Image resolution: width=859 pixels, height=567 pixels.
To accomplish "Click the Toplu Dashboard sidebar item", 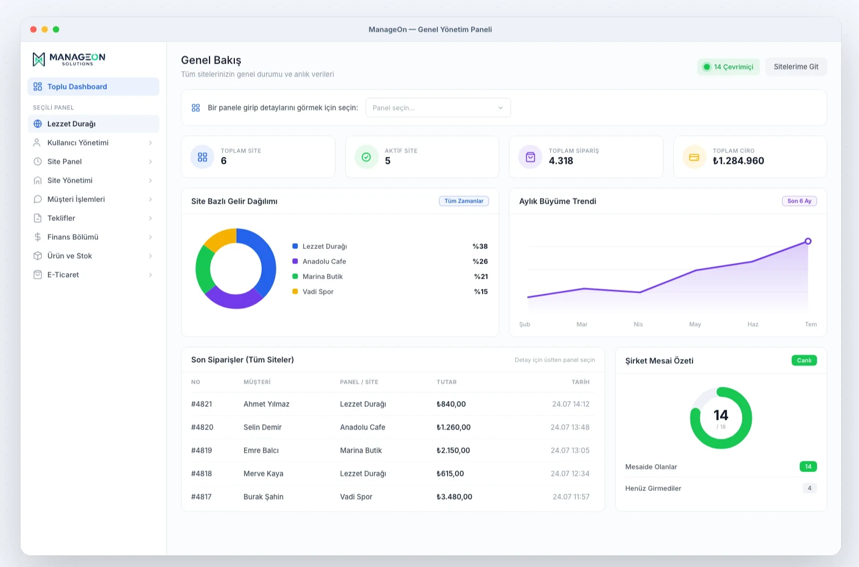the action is click(x=93, y=86).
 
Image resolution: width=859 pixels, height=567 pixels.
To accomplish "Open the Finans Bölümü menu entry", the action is click(x=93, y=237).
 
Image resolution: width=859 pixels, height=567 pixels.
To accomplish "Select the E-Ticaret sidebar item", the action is click(x=93, y=274).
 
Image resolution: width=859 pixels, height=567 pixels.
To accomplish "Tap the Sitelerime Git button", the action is click(x=796, y=67).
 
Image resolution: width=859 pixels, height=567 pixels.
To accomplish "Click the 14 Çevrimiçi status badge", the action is click(x=728, y=67).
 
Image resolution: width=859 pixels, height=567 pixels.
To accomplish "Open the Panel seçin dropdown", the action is click(x=438, y=107).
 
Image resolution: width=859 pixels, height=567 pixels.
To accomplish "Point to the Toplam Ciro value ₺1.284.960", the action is click(x=738, y=161).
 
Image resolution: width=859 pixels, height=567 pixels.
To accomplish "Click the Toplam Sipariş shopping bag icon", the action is click(x=530, y=157).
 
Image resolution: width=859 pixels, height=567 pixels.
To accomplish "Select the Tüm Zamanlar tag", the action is click(x=464, y=201).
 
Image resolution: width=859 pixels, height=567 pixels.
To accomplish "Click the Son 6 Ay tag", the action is click(x=799, y=201).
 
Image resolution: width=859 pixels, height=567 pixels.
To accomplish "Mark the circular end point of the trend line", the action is click(x=808, y=241).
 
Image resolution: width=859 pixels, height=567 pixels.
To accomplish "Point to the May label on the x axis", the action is click(x=695, y=324).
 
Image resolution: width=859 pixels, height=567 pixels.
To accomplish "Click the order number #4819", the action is click(x=201, y=450).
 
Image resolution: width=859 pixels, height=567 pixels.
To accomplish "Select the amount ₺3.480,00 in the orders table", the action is click(x=455, y=497).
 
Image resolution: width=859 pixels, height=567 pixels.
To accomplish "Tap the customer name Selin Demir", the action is click(x=262, y=427).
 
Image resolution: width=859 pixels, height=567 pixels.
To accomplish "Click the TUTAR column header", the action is click(x=446, y=382).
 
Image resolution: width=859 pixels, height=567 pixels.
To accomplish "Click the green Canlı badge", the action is click(x=804, y=361).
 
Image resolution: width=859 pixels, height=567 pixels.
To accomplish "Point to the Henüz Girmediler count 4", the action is click(x=809, y=488).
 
